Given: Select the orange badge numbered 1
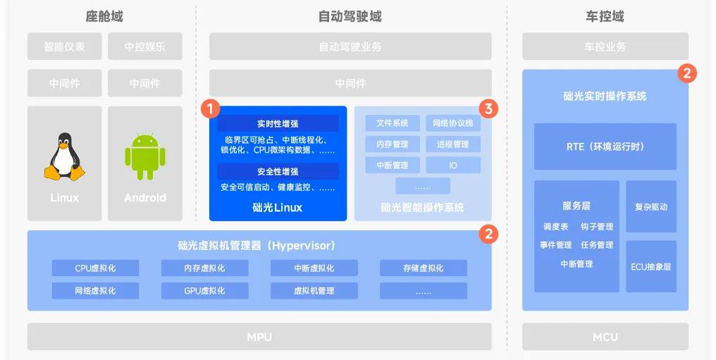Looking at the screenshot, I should (x=210, y=108).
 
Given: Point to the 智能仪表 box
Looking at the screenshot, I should (x=64, y=46).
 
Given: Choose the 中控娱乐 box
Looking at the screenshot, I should (x=144, y=46).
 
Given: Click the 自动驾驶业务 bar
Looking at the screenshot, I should (x=350, y=46).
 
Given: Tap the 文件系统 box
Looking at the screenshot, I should (x=393, y=123).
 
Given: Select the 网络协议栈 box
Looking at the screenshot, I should (x=452, y=123).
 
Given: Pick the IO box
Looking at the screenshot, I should (x=452, y=165).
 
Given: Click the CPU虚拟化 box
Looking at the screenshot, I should (x=95, y=268).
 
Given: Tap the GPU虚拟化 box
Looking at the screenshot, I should (x=204, y=290).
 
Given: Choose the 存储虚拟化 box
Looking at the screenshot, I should (x=423, y=268).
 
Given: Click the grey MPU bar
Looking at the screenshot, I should (x=259, y=337).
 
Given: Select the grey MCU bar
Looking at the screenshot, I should (x=605, y=337).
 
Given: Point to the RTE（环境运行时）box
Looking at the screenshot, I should (x=605, y=147).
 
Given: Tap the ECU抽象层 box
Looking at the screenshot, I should (x=650, y=267).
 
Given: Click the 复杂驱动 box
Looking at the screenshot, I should (x=650, y=207).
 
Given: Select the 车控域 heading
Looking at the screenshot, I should (x=605, y=16).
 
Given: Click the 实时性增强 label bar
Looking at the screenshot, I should (x=278, y=123).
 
